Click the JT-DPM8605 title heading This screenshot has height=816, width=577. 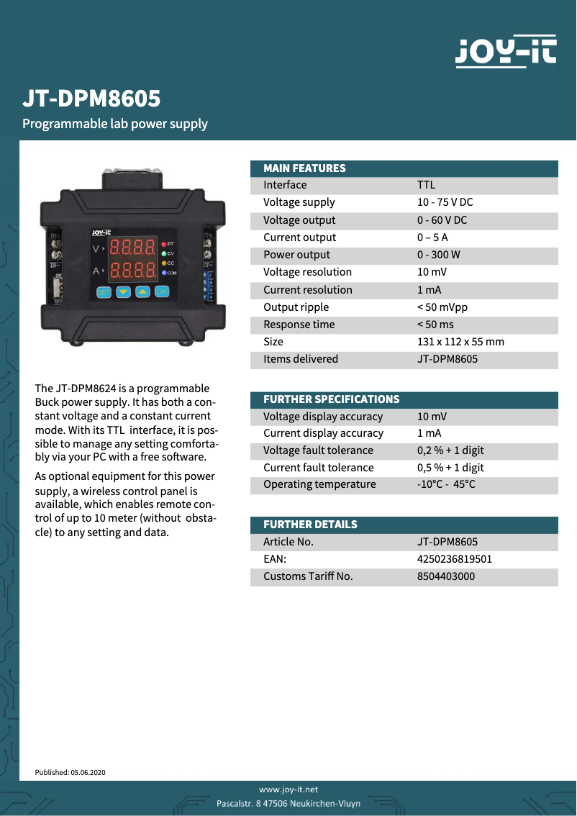coord(91,99)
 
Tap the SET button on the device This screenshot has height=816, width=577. coord(104,292)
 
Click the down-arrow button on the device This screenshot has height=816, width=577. coord(123,292)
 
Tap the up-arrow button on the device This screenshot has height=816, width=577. coord(142,292)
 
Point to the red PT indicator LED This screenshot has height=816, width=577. coord(164,245)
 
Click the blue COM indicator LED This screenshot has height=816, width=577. coord(164,273)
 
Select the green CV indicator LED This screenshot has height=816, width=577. coord(164,254)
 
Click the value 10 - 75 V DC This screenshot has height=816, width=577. coord(445,203)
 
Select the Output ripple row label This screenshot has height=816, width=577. coord(296,307)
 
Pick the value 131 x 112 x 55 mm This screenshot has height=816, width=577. coord(460,342)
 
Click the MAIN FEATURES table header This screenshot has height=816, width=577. coord(304,168)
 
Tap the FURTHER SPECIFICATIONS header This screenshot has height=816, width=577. coord(331,399)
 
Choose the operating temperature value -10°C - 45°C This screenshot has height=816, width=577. coord(446,484)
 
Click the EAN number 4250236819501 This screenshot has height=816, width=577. coord(455,559)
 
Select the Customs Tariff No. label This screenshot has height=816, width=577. coord(308,576)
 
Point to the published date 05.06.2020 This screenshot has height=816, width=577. coord(88,772)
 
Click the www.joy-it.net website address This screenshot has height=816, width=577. coord(288,789)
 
